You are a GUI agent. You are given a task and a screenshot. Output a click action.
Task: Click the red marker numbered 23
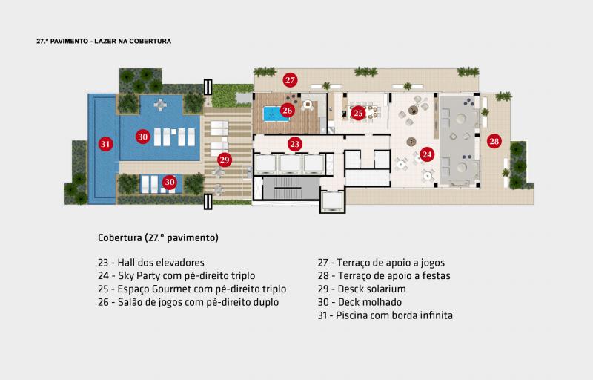click(294, 144)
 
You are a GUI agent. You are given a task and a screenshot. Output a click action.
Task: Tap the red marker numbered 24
click(427, 154)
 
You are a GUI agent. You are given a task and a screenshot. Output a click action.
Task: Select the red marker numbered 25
click(358, 113)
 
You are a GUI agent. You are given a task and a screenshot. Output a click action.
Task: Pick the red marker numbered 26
click(288, 110)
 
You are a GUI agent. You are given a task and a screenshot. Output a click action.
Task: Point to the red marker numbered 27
click(290, 80)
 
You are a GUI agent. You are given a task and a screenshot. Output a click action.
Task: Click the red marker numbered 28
click(494, 141)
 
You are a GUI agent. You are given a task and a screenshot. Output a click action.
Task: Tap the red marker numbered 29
click(225, 160)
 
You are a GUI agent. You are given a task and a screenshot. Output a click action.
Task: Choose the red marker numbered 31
click(105, 144)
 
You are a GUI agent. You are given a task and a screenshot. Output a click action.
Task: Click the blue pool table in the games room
click(275, 114)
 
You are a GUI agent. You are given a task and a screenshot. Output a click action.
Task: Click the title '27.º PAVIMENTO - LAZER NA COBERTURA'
click(104, 41)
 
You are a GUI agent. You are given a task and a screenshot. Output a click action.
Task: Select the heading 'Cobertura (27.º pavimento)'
click(158, 237)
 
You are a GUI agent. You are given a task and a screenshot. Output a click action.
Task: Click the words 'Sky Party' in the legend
click(139, 275)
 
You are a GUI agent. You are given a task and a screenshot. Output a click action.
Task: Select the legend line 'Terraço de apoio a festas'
click(384, 275)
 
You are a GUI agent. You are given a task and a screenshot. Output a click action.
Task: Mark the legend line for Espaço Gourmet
click(192, 289)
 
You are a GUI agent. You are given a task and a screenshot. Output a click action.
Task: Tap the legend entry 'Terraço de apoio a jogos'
click(381, 262)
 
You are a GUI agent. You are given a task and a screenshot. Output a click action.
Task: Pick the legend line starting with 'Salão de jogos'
click(188, 302)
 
